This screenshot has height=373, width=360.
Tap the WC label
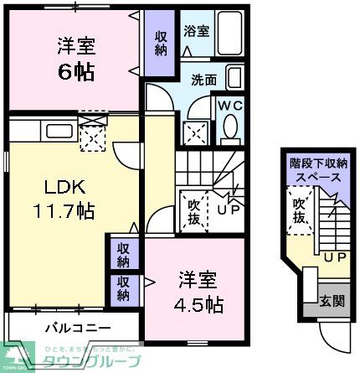230,106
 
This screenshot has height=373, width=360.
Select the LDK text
51,185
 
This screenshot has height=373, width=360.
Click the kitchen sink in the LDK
59,131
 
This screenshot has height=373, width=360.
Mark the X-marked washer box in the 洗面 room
198,132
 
